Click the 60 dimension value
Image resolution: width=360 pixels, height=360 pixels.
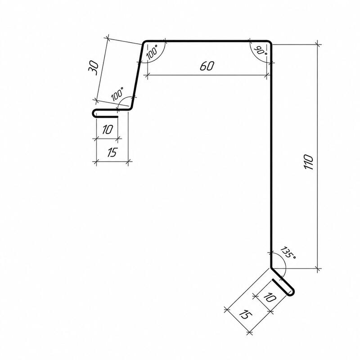point(207,66)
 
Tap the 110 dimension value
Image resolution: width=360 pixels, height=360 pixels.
point(308,162)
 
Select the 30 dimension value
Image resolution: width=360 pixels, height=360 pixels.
point(94,68)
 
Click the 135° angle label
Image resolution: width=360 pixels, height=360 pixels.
point(288,253)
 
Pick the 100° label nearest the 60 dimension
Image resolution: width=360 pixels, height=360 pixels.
point(152,52)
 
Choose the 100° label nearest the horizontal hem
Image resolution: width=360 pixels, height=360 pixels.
point(117,94)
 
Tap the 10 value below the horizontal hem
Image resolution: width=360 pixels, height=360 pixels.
point(108,130)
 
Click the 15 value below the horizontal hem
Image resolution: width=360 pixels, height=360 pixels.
point(112,152)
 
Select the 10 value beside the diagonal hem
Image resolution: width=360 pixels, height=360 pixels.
point(270,297)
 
